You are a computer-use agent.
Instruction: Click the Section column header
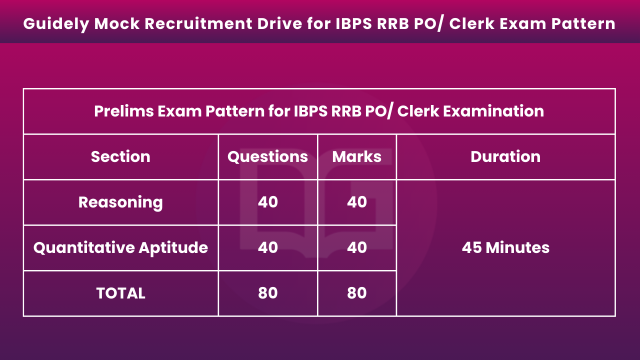[x=120, y=156]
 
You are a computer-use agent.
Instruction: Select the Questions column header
[x=267, y=157]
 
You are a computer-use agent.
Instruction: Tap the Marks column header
[x=357, y=156]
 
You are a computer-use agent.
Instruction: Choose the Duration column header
[x=505, y=156]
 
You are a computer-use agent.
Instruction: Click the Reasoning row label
[x=120, y=202]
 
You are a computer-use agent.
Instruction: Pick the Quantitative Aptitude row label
[x=120, y=247]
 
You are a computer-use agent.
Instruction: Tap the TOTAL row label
[x=121, y=293]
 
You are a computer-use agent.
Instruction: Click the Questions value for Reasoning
[x=267, y=202]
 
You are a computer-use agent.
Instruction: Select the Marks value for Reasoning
[x=357, y=202]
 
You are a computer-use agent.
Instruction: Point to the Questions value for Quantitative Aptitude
[x=267, y=247]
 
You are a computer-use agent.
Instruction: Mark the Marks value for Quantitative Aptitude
[x=357, y=247]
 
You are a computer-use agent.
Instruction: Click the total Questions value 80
[x=267, y=293]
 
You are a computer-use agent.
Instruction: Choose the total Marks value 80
[x=357, y=293]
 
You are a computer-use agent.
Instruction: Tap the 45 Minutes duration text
[x=505, y=247]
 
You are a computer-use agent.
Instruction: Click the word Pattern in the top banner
[x=583, y=23]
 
